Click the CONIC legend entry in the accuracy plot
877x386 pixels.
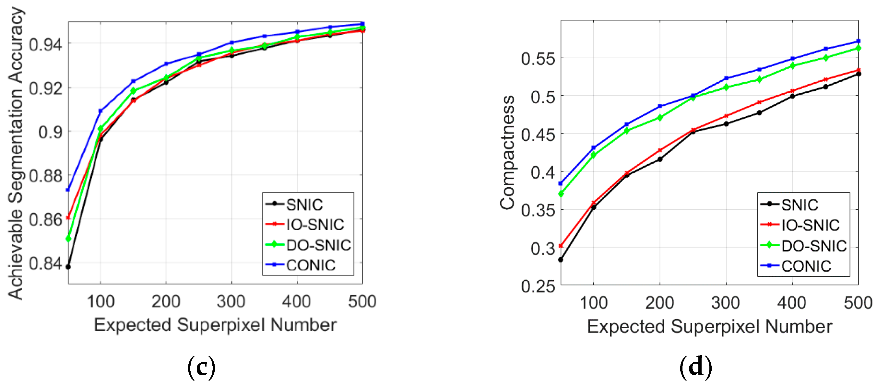(x=310, y=265)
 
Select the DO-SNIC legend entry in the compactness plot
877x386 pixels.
(x=813, y=246)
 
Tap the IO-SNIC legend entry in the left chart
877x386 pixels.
(x=314, y=225)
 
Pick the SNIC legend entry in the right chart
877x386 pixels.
(x=799, y=205)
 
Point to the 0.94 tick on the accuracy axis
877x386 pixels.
(x=46, y=44)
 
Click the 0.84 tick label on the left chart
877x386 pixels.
(x=46, y=263)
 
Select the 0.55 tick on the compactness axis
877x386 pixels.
(x=538, y=59)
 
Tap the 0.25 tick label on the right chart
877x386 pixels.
(x=538, y=286)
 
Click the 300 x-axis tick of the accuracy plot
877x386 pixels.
(x=231, y=302)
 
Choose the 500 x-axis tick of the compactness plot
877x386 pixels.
(x=858, y=303)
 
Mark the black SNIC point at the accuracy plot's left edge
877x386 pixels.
(x=68, y=266)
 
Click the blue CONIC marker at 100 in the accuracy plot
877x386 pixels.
(x=101, y=111)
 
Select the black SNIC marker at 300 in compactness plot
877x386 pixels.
(x=726, y=124)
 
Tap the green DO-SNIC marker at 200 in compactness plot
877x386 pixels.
(x=660, y=118)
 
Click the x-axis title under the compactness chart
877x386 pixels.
(x=709, y=326)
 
